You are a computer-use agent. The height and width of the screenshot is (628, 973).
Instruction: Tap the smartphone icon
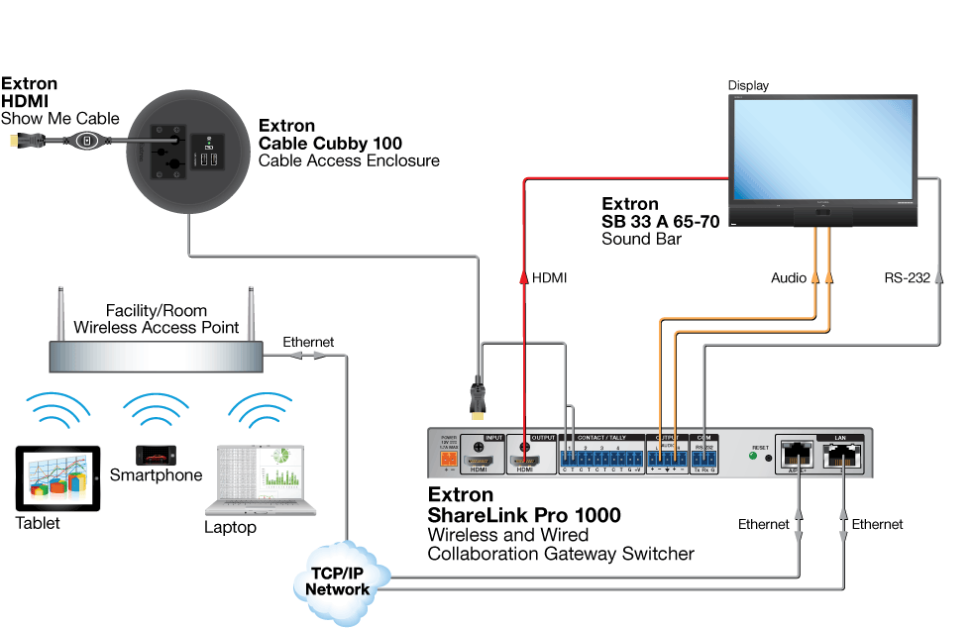(156, 455)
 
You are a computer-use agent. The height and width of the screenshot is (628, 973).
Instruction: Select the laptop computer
(261, 481)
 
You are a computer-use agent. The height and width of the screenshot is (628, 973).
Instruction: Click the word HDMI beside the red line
(549, 278)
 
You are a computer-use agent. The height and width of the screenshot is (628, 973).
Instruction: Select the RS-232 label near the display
(907, 278)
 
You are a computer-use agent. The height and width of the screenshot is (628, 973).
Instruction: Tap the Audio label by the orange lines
(789, 278)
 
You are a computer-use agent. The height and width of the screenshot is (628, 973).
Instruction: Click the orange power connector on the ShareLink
(448, 459)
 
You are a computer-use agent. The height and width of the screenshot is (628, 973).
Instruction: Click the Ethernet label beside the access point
(308, 342)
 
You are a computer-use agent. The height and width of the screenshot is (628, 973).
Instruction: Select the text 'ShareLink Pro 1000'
(524, 515)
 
